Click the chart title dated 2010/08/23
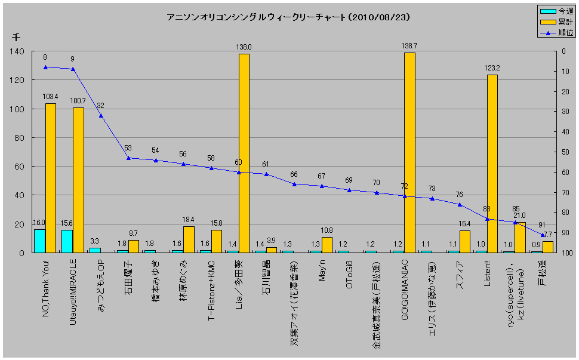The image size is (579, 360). tap(289, 17)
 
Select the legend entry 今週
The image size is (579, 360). tap(558, 11)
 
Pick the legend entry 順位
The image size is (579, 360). tap(558, 32)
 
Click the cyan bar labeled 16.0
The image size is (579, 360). tap(39, 241)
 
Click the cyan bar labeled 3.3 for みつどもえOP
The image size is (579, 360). tap(95, 250)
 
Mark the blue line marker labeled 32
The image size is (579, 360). tap(100, 115)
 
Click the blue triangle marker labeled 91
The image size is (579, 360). tap(543, 235)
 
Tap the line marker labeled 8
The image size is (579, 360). tap(45, 67)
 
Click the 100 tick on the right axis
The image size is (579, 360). tap(564, 253)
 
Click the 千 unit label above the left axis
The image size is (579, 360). tap(16, 37)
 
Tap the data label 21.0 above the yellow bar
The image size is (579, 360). tap(519, 216)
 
